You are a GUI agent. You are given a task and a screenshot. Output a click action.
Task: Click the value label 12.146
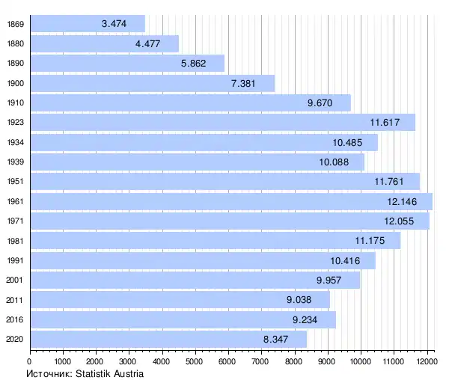404,201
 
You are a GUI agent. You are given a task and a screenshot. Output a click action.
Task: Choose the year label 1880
15,43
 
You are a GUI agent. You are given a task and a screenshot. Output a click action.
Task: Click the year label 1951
15,182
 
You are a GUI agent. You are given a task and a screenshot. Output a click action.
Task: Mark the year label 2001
15,280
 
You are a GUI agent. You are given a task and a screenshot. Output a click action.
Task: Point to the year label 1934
15,142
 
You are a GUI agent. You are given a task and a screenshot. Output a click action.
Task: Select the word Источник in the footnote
46,373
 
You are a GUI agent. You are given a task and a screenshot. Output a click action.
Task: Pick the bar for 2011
180,299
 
